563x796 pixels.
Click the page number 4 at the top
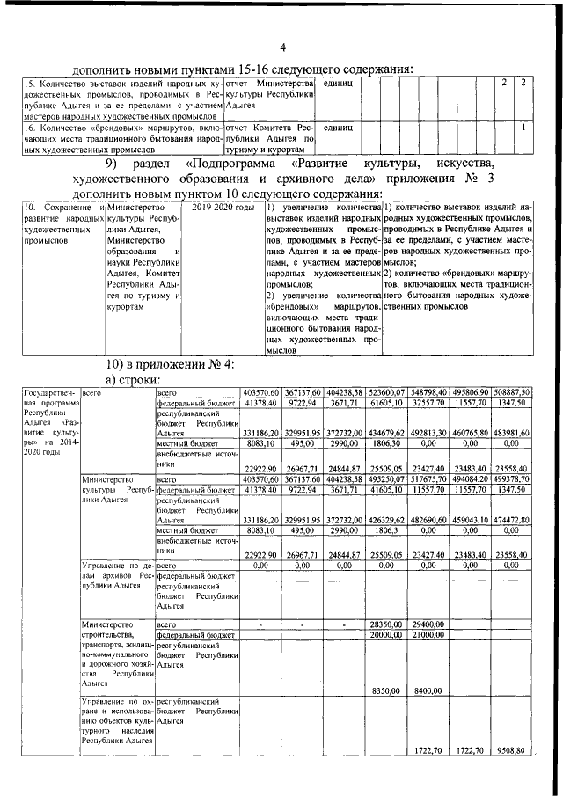click(x=281, y=47)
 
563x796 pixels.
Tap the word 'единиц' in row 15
click(x=338, y=83)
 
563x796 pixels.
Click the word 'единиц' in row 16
click(x=338, y=128)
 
